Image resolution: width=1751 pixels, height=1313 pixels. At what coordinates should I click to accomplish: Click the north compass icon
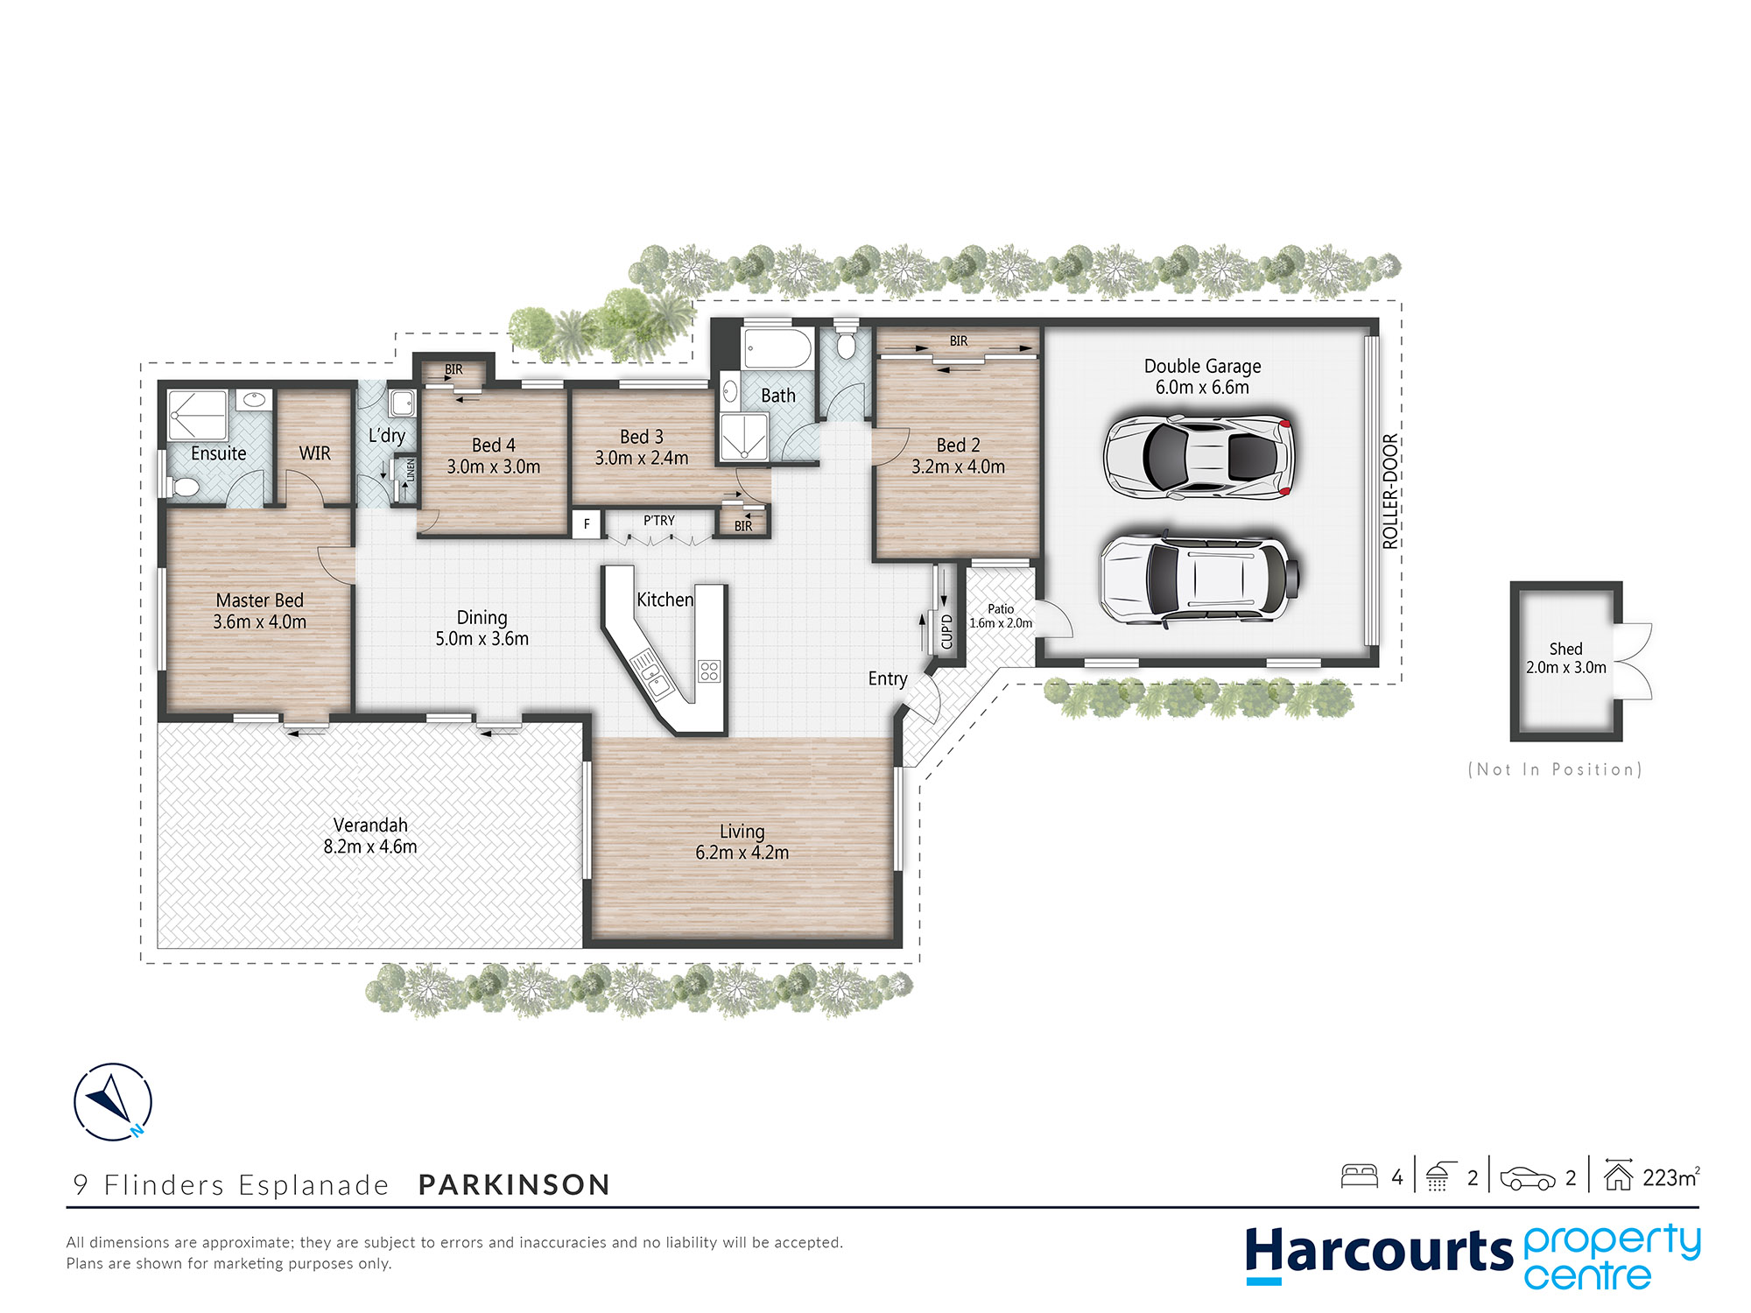113,1101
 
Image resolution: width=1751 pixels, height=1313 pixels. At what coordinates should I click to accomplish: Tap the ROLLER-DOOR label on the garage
1390,491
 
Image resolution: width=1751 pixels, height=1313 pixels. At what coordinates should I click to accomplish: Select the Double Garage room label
1202,366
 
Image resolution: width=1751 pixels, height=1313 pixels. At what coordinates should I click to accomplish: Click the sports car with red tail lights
1199,456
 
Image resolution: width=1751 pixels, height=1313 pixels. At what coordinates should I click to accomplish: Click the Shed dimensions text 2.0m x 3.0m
1566,668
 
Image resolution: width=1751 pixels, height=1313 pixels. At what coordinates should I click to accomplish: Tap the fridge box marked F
587,524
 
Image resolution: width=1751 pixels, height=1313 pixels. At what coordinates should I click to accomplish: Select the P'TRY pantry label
659,520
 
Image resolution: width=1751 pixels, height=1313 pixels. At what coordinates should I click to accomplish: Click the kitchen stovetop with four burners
709,671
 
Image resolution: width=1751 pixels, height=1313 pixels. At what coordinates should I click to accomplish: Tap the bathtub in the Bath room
777,348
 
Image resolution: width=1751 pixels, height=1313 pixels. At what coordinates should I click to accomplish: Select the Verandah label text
370,825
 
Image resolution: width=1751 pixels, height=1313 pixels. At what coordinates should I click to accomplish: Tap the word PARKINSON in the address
514,1184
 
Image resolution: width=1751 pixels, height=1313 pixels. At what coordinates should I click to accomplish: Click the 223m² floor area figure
1670,1177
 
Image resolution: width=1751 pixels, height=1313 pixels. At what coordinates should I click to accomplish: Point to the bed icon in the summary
1360,1176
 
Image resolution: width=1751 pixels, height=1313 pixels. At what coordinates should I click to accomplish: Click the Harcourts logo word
1379,1251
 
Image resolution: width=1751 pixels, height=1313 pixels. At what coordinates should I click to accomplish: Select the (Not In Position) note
1555,769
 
